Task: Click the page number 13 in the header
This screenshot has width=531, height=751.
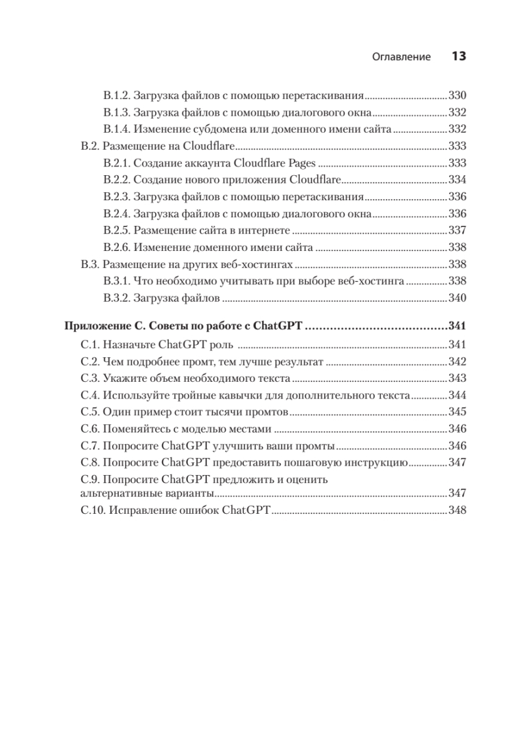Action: (x=458, y=56)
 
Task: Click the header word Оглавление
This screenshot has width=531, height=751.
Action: (x=402, y=57)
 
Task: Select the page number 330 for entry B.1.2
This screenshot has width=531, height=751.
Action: (x=458, y=96)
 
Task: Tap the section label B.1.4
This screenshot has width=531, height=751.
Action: (x=116, y=129)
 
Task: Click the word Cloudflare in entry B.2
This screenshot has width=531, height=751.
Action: (x=207, y=145)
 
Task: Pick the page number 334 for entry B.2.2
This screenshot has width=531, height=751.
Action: (x=458, y=178)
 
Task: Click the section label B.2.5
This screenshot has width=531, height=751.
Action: (x=116, y=230)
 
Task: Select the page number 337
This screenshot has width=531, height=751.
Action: (x=458, y=230)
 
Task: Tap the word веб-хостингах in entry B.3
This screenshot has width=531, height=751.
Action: (x=263, y=263)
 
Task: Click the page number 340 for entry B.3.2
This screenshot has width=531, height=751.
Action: (x=458, y=297)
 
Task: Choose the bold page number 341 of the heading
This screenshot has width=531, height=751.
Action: (x=458, y=327)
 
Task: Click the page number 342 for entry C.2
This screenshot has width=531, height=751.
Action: (x=458, y=361)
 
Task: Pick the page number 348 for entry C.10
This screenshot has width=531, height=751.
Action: (x=458, y=510)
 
